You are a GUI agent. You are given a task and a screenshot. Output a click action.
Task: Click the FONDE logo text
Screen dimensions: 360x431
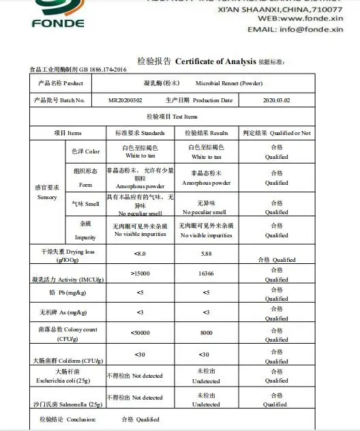tap(59, 23)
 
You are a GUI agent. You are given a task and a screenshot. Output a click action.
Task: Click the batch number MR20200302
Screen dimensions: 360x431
tap(125, 100)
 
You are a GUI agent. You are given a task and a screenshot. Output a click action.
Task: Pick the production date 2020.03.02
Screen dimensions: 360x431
tap(276, 100)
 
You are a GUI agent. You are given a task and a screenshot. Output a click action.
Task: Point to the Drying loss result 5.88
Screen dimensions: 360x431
tap(206, 254)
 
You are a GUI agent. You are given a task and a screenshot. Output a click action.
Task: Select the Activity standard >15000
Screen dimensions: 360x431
tap(140, 273)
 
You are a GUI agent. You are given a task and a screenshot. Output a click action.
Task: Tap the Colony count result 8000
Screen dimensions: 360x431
tap(206, 333)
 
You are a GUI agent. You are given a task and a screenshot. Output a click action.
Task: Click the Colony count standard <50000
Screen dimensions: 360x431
tap(140, 333)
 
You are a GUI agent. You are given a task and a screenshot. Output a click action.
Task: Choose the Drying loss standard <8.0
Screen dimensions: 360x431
tap(140, 254)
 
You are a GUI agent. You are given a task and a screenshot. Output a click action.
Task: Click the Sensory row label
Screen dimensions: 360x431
tap(47, 192)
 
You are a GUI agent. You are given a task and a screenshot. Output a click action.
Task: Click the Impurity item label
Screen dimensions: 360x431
tap(85, 233)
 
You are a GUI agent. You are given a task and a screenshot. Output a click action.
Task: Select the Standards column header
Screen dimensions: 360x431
tap(140, 133)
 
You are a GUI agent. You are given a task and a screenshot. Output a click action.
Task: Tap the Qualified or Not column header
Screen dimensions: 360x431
tap(276, 133)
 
